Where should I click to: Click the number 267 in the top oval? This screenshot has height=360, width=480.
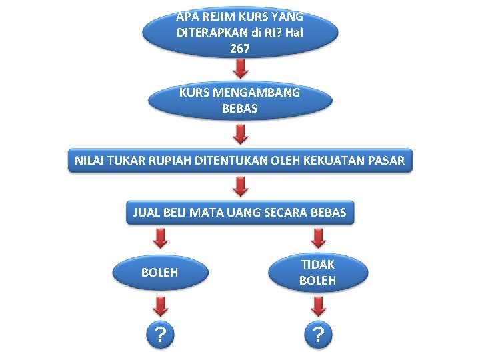(x=239, y=48)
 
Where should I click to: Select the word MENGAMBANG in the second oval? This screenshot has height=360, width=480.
(x=254, y=93)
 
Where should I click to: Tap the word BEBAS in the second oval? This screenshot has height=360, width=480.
(x=239, y=108)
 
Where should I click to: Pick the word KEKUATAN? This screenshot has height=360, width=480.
(x=330, y=161)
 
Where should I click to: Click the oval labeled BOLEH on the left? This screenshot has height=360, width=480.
(x=160, y=272)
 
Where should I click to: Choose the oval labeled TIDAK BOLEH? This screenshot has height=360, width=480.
(x=318, y=272)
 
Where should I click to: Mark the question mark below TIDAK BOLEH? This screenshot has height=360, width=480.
(x=318, y=333)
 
